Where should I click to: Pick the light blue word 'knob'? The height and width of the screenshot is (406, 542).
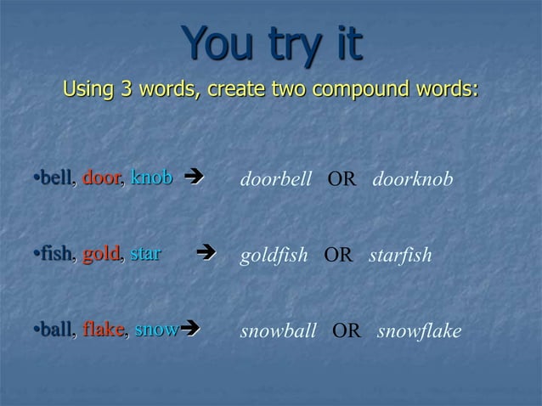coord(152,178)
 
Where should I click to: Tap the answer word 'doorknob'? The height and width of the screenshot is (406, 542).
coord(413,180)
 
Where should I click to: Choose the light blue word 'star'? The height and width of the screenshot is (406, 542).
coord(145,254)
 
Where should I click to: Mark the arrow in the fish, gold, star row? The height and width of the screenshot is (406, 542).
coord(205,254)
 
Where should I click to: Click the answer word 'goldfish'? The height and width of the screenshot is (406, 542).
coord(274,256)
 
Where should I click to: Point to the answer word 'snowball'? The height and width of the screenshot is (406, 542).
coord(279,331)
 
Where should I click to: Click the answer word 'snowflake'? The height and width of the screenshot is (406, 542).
coord(419,331)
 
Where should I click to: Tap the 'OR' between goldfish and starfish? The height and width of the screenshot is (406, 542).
coord(338,256)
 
